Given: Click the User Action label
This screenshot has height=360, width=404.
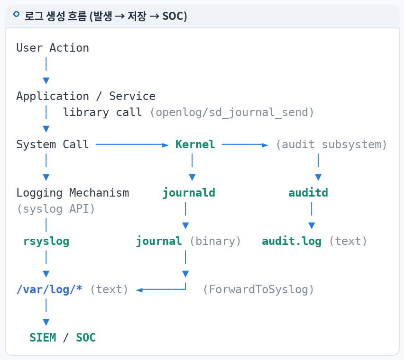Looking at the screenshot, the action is point(53,48).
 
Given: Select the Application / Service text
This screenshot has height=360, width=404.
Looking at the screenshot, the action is point(86,96).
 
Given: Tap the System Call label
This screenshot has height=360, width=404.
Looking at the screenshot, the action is point(53,144).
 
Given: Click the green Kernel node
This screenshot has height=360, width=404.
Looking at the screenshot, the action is point(195,144).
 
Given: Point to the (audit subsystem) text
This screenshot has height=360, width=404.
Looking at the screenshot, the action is point(331,144).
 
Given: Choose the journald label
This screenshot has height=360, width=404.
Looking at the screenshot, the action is point(189,193).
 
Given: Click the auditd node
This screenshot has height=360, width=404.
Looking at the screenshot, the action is point(308,193).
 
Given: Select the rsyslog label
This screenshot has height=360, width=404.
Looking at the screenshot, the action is point(46,242).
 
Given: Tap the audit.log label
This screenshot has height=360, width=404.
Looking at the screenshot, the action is point(292,241).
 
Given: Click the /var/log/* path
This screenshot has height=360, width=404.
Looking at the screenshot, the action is point(49,289).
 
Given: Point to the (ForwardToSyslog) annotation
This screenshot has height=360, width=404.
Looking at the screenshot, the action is point(258,289).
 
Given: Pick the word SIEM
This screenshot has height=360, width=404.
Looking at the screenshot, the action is point(43,338).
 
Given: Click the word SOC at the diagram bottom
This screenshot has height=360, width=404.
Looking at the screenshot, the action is point(86,338).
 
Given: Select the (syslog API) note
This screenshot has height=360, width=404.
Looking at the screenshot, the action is point(56,209).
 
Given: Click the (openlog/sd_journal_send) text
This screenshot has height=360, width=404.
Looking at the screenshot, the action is point(232,112).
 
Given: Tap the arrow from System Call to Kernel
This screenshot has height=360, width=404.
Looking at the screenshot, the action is point(132,145).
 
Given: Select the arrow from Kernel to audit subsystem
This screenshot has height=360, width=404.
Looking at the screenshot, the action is point(245,145).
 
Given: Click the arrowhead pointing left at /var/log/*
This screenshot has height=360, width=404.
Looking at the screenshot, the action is point(139,290).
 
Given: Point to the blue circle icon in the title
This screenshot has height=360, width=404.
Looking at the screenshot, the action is point(16,14).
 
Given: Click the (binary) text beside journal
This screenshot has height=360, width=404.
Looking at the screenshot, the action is point(215,241).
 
